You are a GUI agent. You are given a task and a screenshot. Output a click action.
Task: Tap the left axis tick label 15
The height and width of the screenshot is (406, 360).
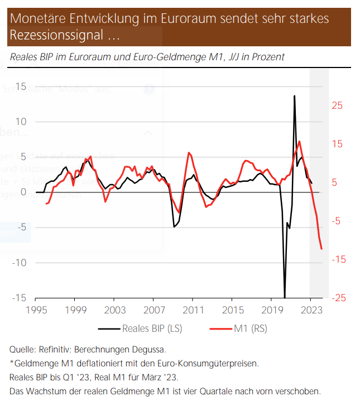21,86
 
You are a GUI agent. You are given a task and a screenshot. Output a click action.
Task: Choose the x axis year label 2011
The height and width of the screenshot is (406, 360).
193,310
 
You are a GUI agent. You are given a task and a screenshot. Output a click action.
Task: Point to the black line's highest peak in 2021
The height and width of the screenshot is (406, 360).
294,96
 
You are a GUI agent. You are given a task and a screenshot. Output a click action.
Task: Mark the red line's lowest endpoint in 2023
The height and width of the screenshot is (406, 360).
322,249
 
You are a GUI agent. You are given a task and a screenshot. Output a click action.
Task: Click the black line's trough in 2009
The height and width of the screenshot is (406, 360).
174,227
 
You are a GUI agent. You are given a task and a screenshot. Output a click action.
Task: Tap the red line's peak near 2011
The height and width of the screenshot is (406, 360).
190,153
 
